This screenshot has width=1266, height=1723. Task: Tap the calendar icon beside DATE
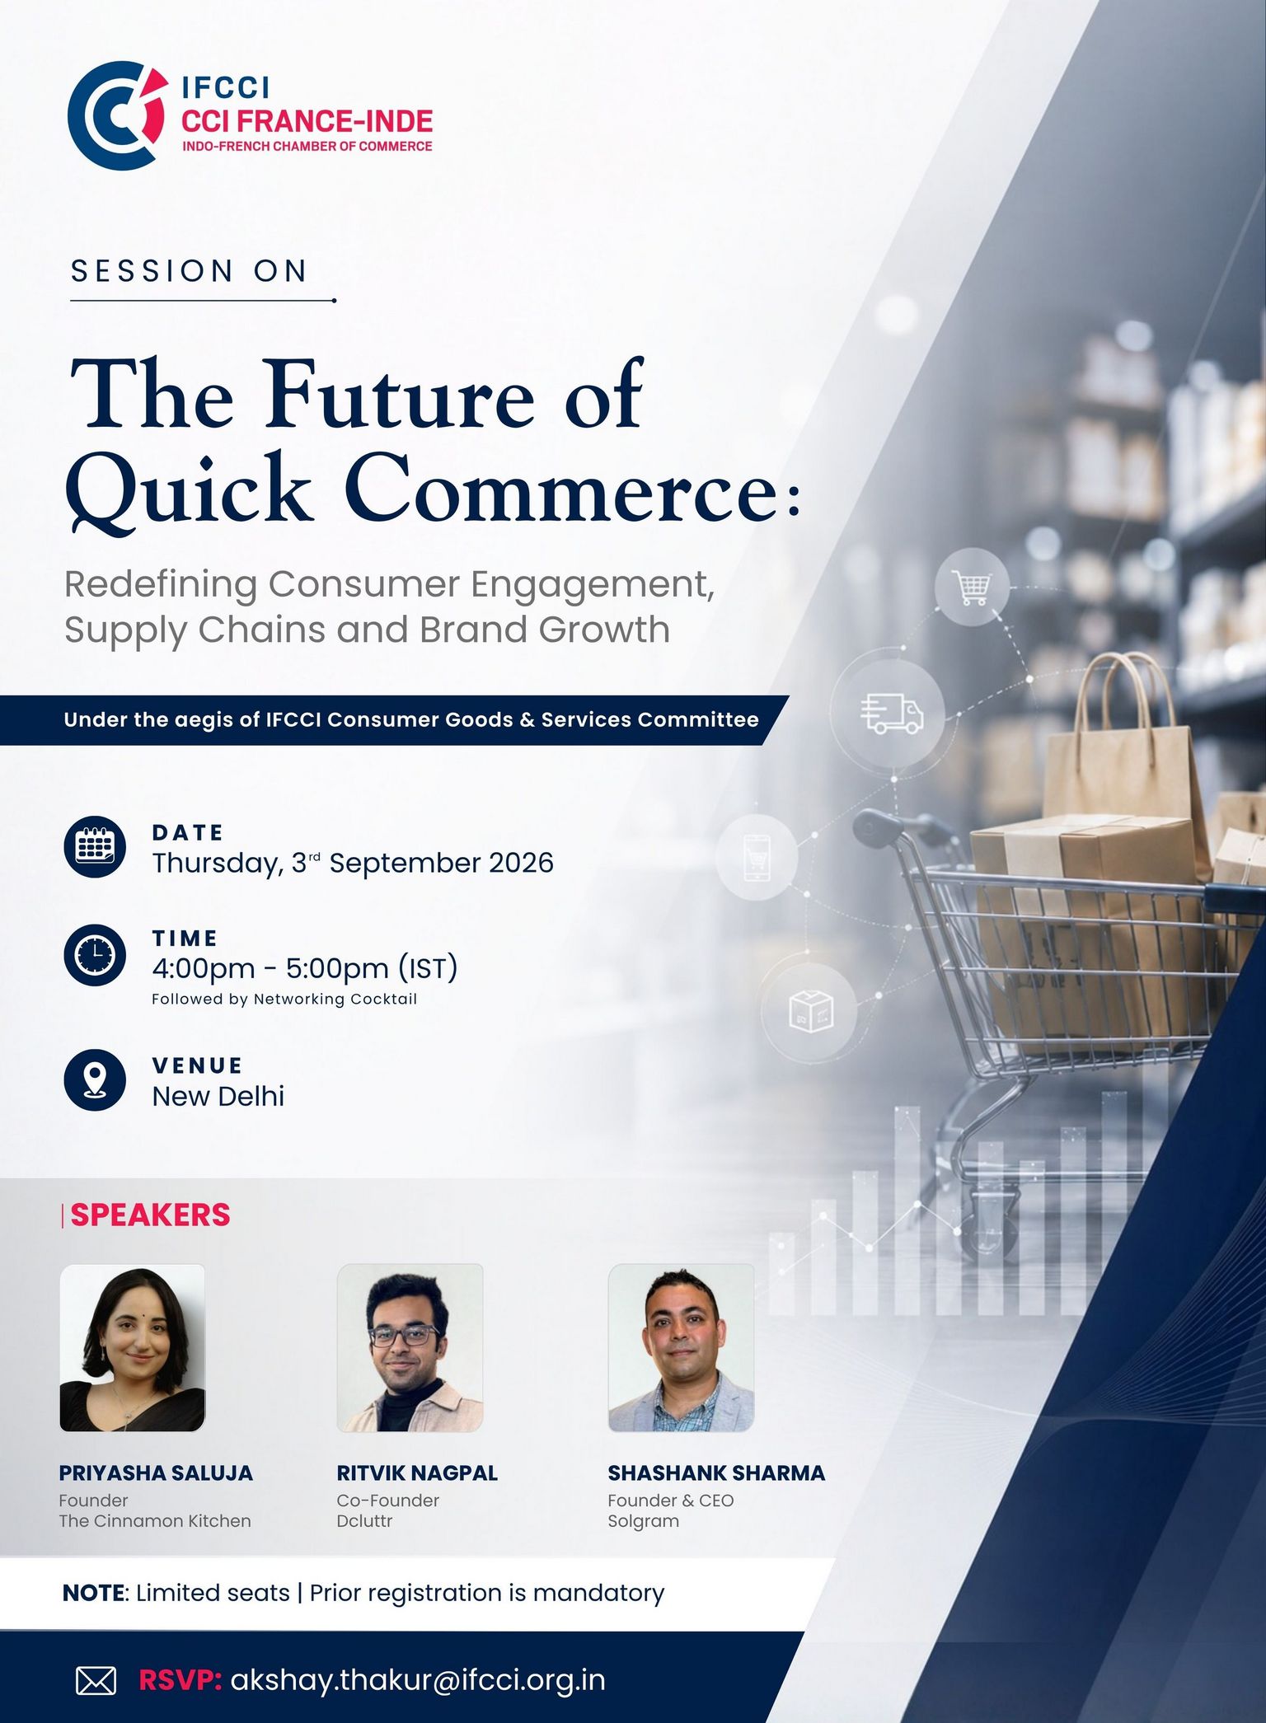coord(95,847)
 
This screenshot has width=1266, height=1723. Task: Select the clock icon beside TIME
coord(95,955)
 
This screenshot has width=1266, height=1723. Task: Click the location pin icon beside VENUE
coord(95,1079)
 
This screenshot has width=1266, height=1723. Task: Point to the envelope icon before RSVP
coord(96,1680)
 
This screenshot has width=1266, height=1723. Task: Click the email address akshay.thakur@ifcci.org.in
coord(418,1680)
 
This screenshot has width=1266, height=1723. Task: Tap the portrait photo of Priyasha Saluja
coord(132,1348)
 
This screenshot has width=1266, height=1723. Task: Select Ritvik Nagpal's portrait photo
coord(410,1348)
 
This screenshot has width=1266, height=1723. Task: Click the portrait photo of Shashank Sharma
coord(681,1348)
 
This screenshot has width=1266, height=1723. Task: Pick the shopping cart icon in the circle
coord(973,587)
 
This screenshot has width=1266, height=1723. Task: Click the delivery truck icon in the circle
coord(891,714)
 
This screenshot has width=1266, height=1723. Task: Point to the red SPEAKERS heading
coord(150,1215)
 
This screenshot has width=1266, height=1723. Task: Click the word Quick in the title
coord(190,488)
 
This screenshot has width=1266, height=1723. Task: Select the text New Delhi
coord(218,1096)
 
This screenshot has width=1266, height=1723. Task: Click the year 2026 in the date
coord(521,863)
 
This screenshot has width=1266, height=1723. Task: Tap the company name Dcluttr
coord(364,1521)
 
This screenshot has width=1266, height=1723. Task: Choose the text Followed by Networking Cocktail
coord(284,1000)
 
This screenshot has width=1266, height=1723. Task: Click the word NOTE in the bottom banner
coord(93,1593)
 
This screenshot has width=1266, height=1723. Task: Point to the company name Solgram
coord(644,1522)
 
